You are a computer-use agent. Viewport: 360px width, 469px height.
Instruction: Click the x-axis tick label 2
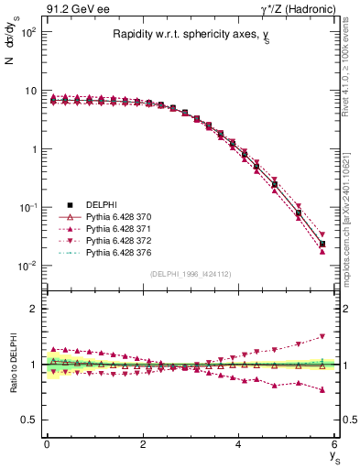(143, 443)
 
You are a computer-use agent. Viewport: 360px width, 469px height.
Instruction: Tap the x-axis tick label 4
(239, 443)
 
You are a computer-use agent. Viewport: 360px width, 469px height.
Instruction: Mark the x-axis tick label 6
(335, 443)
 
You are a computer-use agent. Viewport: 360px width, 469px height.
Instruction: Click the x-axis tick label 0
(47, 443)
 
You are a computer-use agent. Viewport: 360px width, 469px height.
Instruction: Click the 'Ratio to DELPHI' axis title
(12, 364)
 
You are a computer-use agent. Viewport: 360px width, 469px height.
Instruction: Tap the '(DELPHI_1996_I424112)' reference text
(190, 273)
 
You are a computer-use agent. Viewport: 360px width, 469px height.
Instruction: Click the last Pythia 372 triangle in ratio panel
(322, 336)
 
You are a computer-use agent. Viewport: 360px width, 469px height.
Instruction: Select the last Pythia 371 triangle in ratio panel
(322, 390)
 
